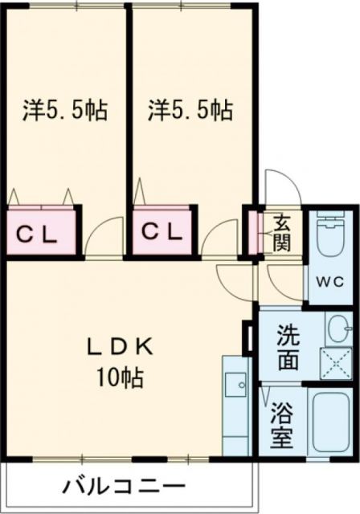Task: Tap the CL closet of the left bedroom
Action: pos(38,235)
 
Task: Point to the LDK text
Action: pos(121,347)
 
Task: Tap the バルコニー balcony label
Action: pos(122,486)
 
